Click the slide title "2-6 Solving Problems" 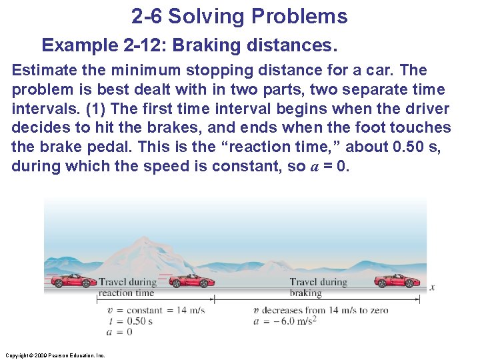[239, 16]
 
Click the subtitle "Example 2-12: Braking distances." [189, 45]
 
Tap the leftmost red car [74, 281]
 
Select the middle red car [192, 281]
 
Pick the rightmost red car [396, 281]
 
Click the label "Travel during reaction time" [127, 287]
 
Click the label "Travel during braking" [318, 287]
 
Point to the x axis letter [432, 288]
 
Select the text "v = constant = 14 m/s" [156, 310]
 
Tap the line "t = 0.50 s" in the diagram [130, 321]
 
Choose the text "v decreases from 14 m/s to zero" [321, 310]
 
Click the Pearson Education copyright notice [54, 355]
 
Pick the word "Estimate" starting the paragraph [42, 70]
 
